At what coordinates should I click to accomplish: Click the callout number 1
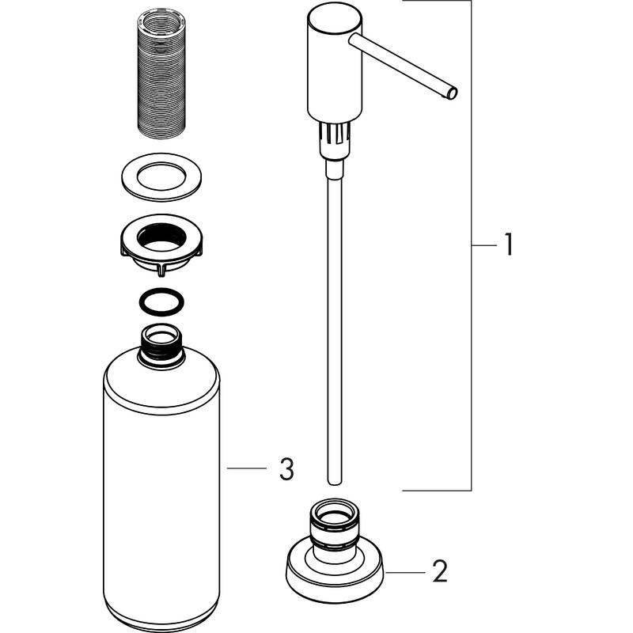point(507,246)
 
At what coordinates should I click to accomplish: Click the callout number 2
point(440,570)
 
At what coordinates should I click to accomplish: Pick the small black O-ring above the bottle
point(161,304)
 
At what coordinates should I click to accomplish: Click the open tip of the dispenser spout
point(453,93)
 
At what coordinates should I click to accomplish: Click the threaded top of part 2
point(333,518)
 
